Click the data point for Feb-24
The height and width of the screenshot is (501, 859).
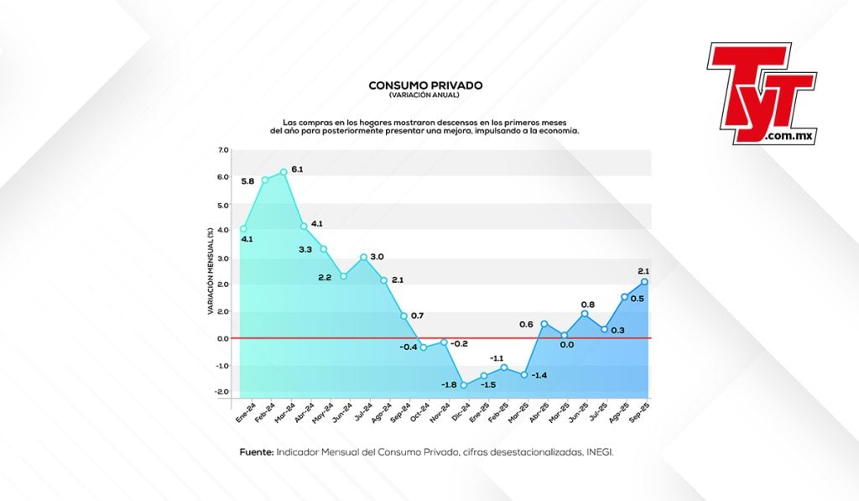tap(264, 180)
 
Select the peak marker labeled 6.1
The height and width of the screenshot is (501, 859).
tap(284, 172)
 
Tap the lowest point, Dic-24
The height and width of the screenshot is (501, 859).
tap(463, 385)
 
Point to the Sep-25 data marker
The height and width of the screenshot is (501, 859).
tap(643, 281)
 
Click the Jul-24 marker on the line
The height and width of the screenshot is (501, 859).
tap(363, 257)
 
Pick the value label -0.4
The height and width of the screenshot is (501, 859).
tap(409, 347)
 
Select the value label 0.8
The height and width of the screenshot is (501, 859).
tap(589, 305)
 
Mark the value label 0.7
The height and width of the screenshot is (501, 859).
tap(417, 316)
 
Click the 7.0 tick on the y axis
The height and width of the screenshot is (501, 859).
tap(223, 150)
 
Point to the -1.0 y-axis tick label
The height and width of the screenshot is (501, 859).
tap(222, 365)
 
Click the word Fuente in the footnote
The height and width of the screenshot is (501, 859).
tap(256, 452)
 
